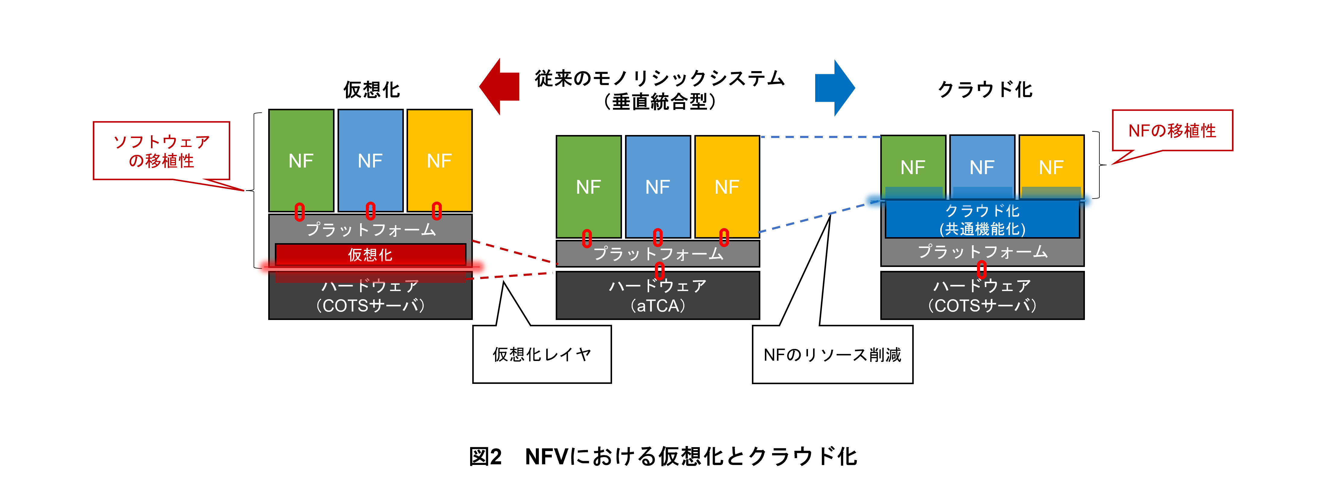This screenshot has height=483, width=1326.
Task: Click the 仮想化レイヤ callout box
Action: point(542,354)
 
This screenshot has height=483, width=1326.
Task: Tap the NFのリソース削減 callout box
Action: point(832,354)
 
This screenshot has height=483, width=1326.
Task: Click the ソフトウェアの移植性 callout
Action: point(161,151)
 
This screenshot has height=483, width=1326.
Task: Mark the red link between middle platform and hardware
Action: point(659,270)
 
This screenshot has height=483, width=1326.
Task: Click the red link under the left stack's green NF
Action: point(300,211)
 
